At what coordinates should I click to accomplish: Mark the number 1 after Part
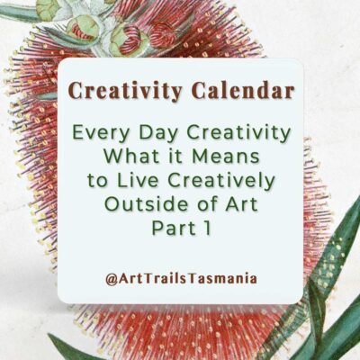(x=207, y=228)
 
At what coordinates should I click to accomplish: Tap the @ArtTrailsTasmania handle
(x=180, y=278)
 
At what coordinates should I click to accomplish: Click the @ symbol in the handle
(x=109, y=278)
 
